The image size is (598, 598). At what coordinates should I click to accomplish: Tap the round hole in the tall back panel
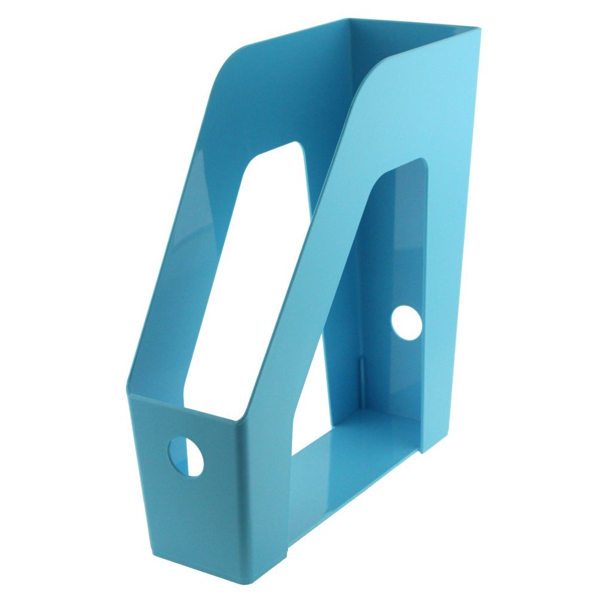[406, 321]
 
